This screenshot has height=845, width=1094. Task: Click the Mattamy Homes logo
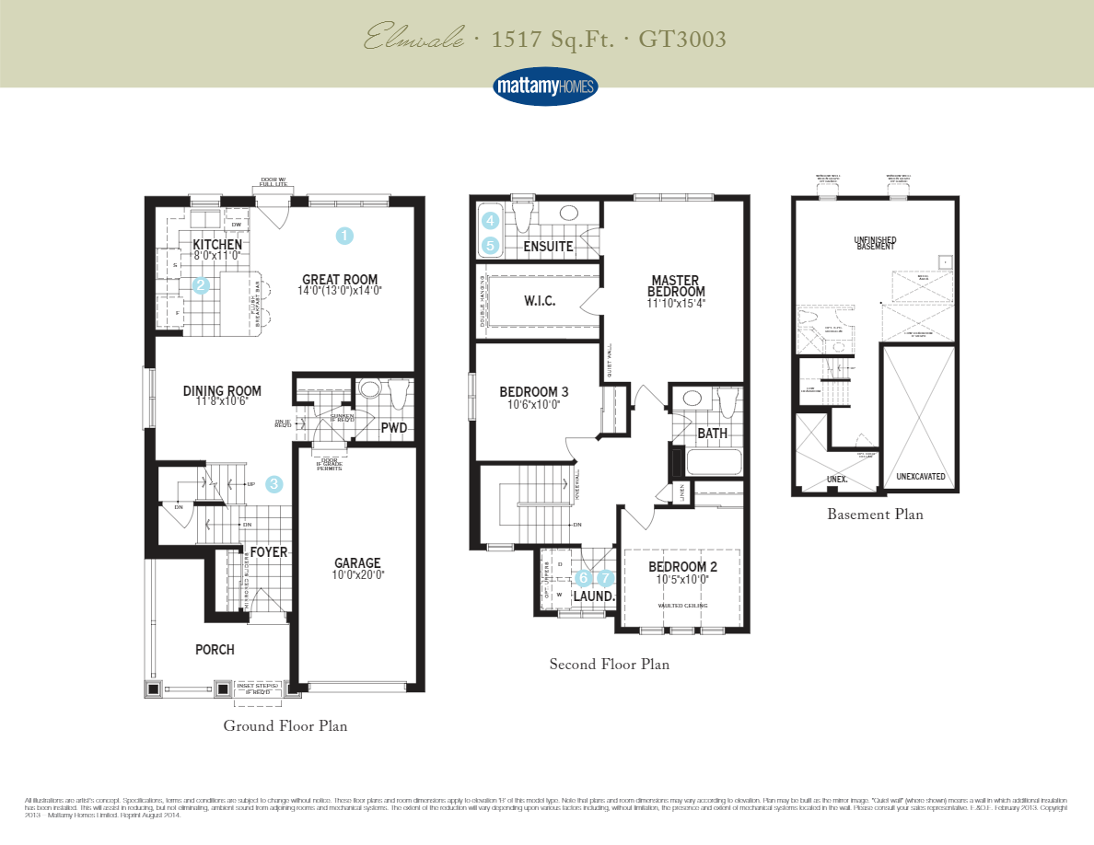click(x=546, y=87)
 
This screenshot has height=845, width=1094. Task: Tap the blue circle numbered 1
click(x=343, y=236)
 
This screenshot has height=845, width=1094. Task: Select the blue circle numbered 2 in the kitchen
click(x=201, y=285)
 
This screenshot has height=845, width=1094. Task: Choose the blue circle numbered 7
click(x=605, y=578)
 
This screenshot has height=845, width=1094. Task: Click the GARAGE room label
click(x=357, y=563)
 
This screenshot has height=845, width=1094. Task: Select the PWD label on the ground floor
click(x=394, y=428)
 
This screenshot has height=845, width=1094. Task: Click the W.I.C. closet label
click(x=540, y=301)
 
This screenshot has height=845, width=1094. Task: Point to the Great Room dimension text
click(x=340, y=290)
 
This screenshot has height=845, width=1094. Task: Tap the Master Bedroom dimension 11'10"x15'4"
click(x=675, y=303)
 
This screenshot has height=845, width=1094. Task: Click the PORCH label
click(x=215, y=649)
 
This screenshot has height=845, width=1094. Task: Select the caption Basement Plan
click(x=875, y=514)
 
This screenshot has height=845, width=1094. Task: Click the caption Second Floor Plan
click(x=609, y=664)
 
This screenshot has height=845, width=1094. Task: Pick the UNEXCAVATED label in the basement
click(x=920, y=477)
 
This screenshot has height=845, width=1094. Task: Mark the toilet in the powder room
click(x=399, y=393)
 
